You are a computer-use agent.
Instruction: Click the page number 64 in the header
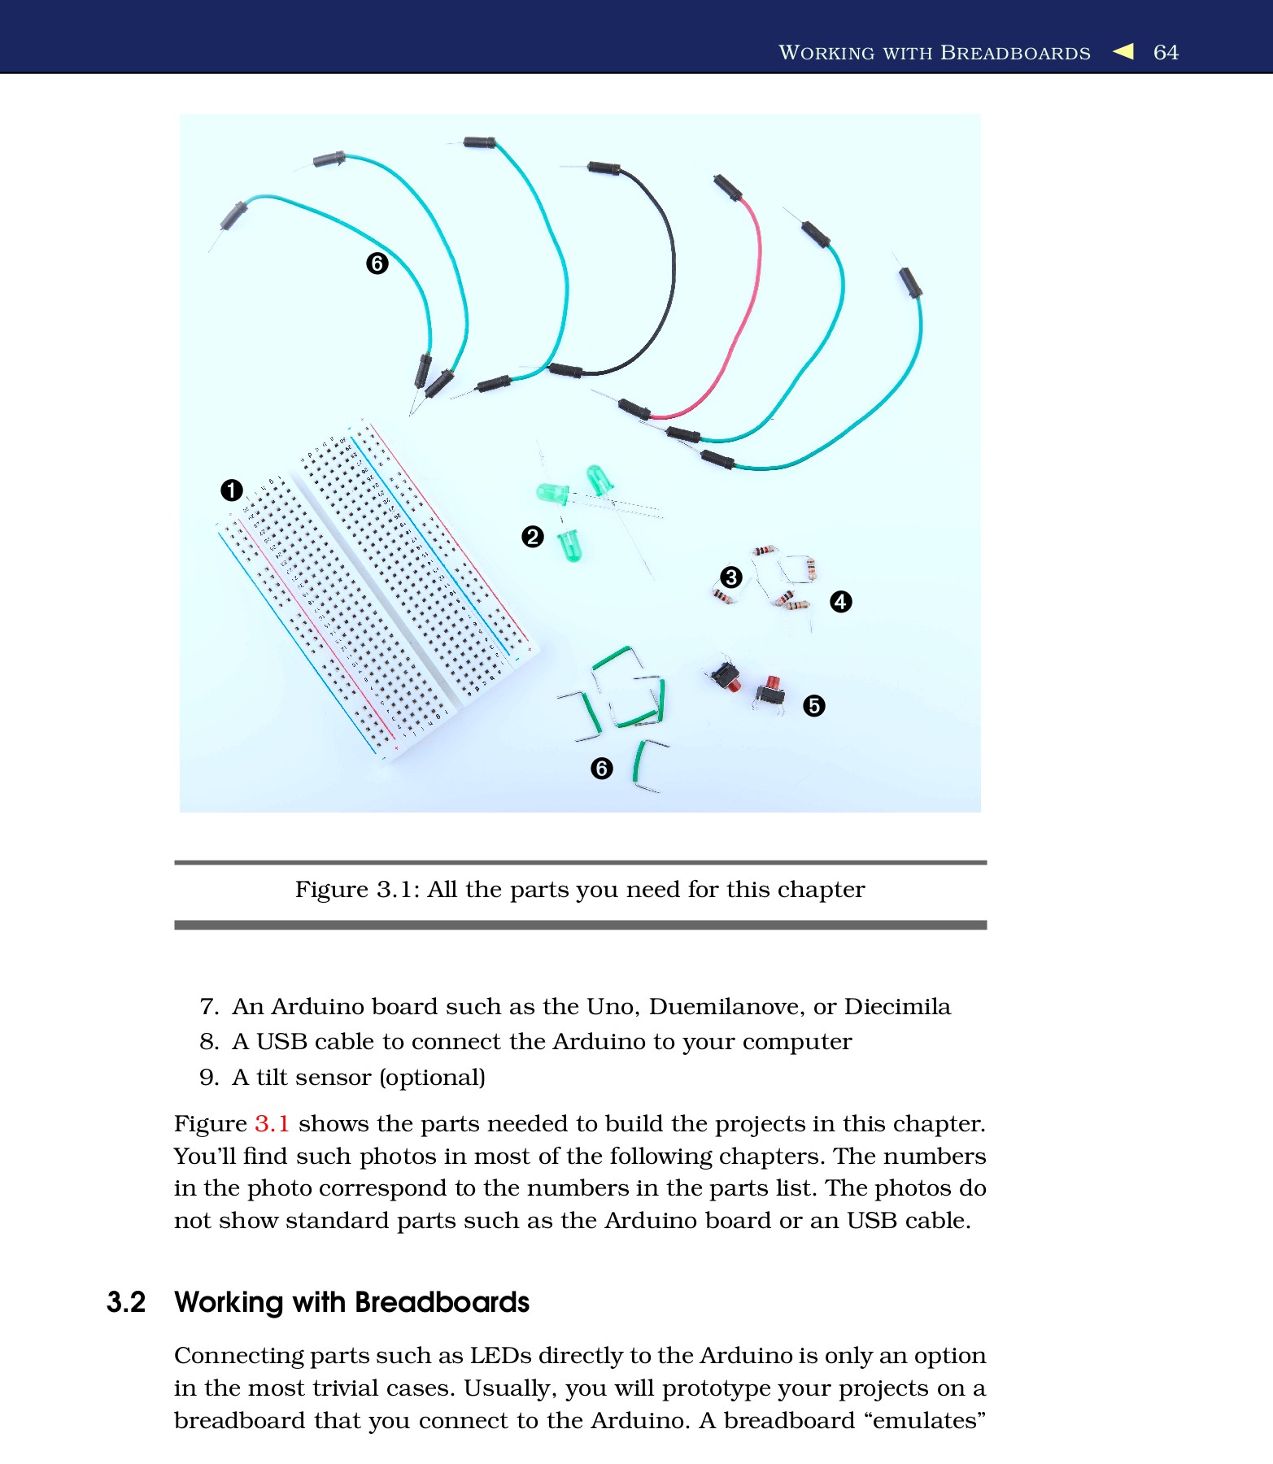tap(1165, 52)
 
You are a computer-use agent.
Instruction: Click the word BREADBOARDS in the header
tap(1015, 53)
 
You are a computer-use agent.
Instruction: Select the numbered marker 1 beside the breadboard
tap(232, 490)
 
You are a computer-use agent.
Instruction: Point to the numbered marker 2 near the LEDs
tap(532, 537)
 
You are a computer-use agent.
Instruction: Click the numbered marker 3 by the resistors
tap(730, 577)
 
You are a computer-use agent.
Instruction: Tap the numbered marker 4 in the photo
tap(840, 602)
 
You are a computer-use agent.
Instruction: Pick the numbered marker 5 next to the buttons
tap(813, 705)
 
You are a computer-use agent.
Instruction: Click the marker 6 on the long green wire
tap(377, 264)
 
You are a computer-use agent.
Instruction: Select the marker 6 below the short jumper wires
tap(601, 769)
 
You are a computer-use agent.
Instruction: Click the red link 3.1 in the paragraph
tap(272, 1124)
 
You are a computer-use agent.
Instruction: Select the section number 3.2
tap(126, 1302)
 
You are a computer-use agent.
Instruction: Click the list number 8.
tap(209, 1042)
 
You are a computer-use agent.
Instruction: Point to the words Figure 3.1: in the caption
tap(356, 890)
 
